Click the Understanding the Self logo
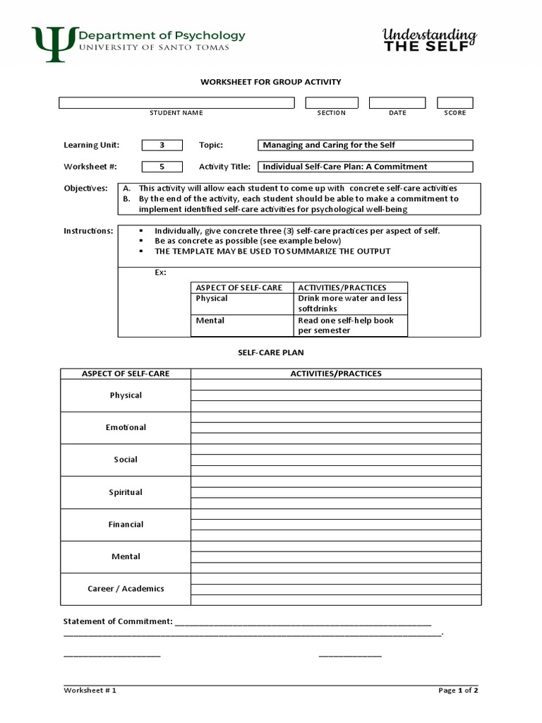(429, 40)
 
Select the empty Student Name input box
(176, 103)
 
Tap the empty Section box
(332, 103)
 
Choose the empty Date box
(397, 103)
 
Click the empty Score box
(454, 103)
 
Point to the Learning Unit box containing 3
(162, 145)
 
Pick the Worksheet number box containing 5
(162, 167)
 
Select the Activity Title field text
(345, 167)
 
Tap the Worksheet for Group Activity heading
(270, 82)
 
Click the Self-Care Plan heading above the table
(270, 352)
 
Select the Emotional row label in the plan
(126, 428)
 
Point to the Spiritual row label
(126, 492)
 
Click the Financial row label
(126, 525)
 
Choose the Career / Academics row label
(126, 589)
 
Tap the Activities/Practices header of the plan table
(336, 374)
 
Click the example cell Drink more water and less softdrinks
(350, 304)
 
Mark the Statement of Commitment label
(118, 621)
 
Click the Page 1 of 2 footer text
(458, 691)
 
